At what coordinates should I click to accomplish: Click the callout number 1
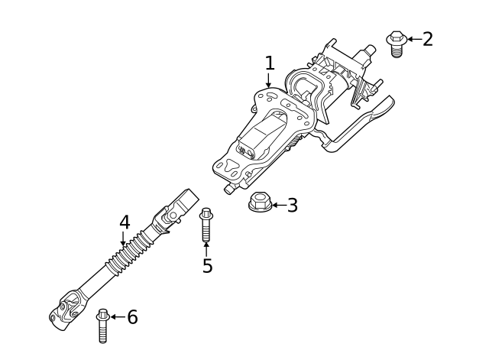[x=269, y=63]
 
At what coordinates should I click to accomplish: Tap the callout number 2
[x=427, y=38]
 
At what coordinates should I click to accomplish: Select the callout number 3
[x=292, y=205]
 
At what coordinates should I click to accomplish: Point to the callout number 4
[x=125, y=222]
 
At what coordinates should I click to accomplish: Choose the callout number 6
[x=132, y=316]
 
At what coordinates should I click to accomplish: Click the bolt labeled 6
[x=102, y=326]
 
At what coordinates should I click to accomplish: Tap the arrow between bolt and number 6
[x=117, y=316]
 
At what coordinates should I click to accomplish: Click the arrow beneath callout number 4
[x=125, y=240]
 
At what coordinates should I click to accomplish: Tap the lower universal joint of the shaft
[x=66, y=309]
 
